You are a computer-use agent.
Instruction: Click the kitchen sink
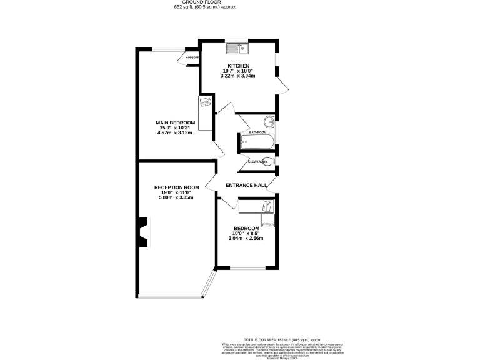click(x=237, y=47)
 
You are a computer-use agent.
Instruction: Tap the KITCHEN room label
click(x=239, y=66)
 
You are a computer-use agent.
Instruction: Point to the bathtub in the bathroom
click(x=257, y=143)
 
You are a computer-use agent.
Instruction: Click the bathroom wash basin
click(x=269, y=122)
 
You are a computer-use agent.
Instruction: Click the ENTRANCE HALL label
click(x=246, y=185)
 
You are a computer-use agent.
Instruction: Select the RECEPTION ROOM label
click(x=176, y=187)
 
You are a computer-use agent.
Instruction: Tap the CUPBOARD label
click(x=192, y=57)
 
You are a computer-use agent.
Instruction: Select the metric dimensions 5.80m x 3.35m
click(x=176, y=197)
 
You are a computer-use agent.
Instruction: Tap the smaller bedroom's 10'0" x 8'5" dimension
click(x=246, y=233)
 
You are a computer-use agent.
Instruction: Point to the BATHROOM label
click(x=257, y=132)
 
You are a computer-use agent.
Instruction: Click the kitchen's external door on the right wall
click(x=282, y=86)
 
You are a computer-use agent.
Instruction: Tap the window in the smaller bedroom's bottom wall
click(x=247, y=268)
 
